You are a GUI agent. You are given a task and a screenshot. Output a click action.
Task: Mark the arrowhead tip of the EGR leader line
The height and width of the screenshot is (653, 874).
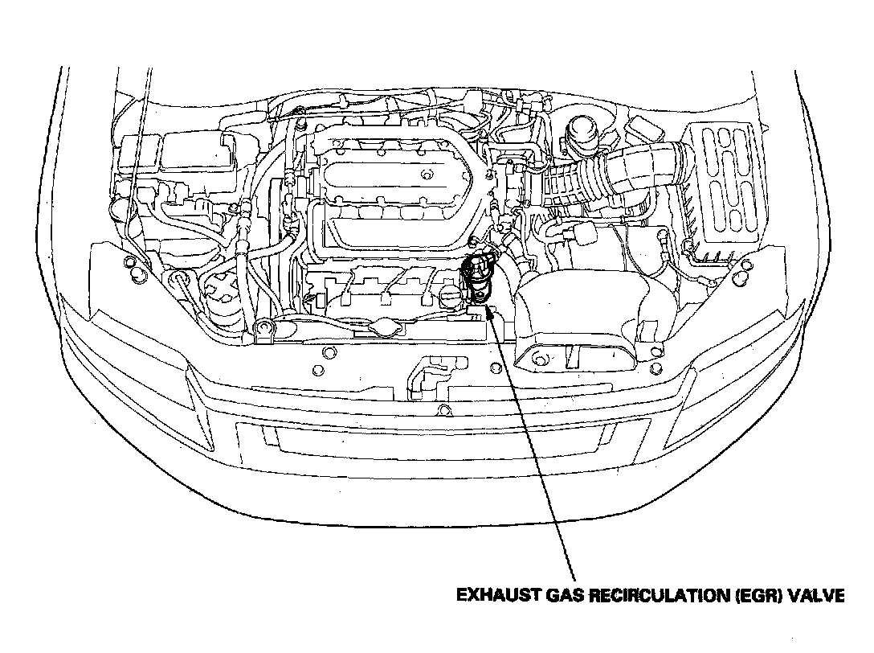[x=488, y=306]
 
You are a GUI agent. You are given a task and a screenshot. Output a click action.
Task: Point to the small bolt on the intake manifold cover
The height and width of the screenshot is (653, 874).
[x=427, y=175]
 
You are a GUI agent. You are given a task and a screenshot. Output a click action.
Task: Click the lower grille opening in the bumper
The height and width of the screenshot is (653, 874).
[x=443, y=444]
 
